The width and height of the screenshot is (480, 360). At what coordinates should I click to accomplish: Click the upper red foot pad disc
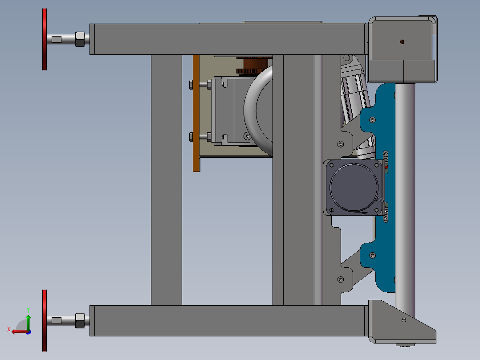(45, 39)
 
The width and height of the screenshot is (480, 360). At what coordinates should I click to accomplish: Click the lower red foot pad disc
(45, 320)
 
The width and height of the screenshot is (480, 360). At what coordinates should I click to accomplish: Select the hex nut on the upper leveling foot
(80, 39)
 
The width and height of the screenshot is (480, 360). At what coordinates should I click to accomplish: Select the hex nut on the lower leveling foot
(80, 321)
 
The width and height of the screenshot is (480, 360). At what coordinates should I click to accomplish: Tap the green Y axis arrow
(28, 322)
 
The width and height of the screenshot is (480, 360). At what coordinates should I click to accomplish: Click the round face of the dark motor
(354, 187)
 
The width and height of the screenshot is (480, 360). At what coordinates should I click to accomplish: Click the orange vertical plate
(196, 113)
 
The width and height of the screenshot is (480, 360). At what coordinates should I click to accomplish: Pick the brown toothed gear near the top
(254, 65)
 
